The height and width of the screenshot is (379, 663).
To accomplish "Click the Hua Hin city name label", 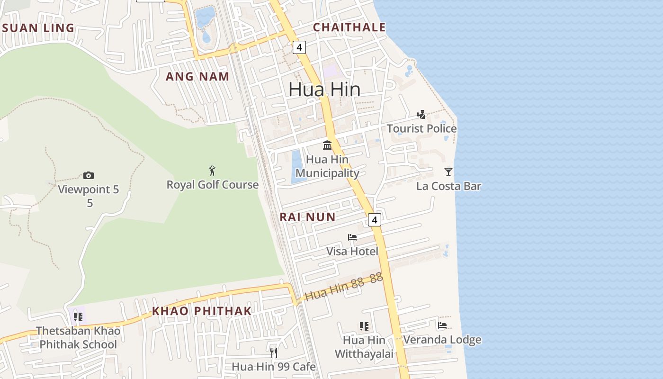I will [324, 89].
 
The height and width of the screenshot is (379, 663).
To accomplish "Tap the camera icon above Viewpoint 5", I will [89, 176].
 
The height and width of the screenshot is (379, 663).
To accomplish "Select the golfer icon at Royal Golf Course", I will [212, 171].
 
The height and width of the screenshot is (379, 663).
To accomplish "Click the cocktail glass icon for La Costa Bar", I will [448, 171].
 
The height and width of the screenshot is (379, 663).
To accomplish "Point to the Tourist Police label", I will [421, 128].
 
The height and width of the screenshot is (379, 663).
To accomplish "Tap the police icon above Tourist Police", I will [421, 115].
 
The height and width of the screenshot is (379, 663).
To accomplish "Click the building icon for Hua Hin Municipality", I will [327, 145].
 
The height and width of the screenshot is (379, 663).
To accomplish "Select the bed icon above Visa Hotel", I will [352, 237].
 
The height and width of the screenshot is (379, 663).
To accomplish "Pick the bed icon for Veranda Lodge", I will [442, 325].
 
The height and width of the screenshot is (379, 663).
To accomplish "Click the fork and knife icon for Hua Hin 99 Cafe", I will [273, 352].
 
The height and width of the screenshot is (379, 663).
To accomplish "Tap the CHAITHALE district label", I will [349, 27].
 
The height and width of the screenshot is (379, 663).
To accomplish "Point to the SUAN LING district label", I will [38, 28].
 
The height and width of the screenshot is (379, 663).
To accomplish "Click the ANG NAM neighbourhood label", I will [197, 76].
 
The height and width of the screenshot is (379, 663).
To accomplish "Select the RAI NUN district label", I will [307, 217].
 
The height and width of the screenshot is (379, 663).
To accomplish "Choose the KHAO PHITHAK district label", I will [202, 311].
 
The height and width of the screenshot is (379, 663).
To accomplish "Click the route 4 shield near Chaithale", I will [299, 47].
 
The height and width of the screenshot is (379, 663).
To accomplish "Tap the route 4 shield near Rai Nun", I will [375, 220].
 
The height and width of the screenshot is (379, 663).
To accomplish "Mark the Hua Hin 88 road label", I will [343, 288].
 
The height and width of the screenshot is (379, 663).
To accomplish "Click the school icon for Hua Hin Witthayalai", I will [364, 326].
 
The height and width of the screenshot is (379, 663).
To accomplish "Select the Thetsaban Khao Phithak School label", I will [78, 337].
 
